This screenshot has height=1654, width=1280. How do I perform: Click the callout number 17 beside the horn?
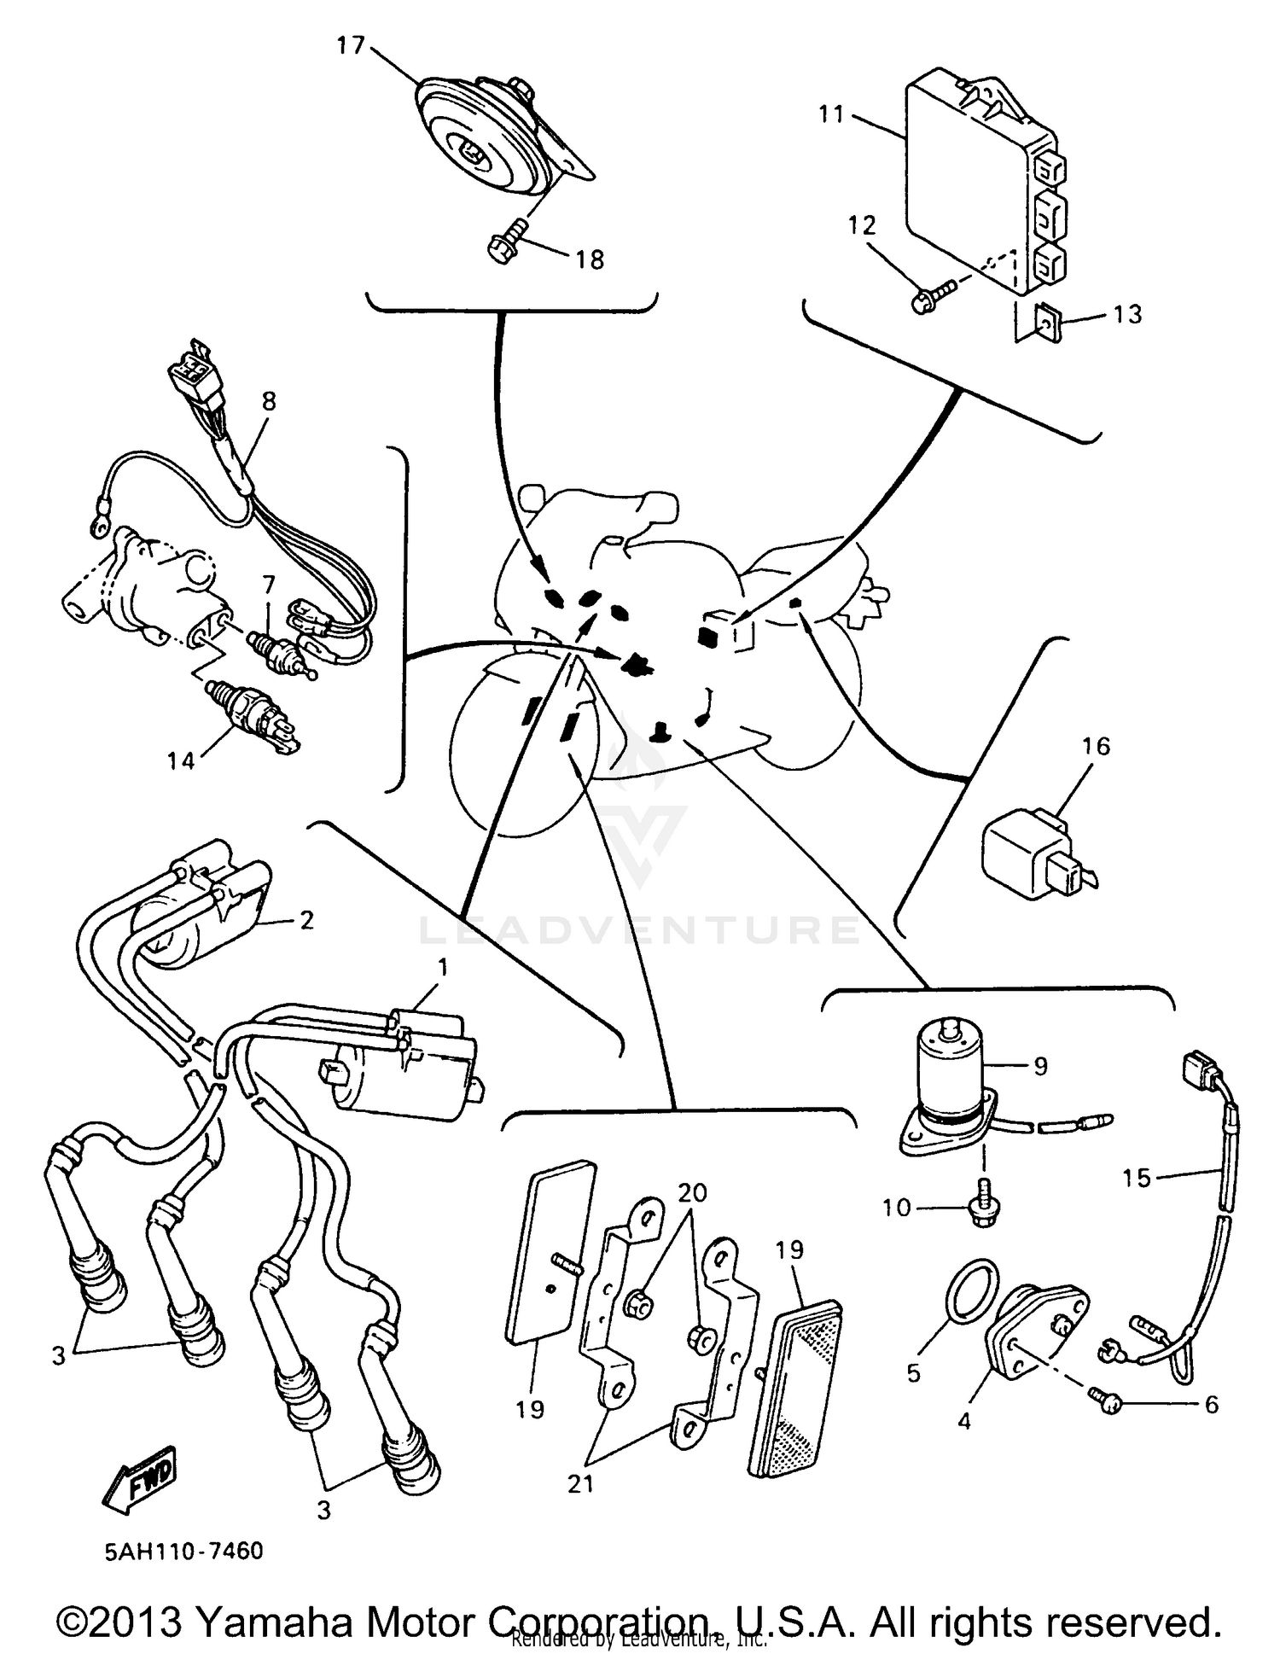350,45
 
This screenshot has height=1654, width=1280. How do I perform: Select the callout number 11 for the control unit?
831,114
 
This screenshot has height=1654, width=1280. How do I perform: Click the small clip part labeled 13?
1047,323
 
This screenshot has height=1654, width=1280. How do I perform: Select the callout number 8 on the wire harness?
269,401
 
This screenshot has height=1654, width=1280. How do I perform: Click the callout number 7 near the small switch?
269,585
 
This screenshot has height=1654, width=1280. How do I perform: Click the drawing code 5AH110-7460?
184,1551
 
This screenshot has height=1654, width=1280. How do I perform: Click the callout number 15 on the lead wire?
1137,1178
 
